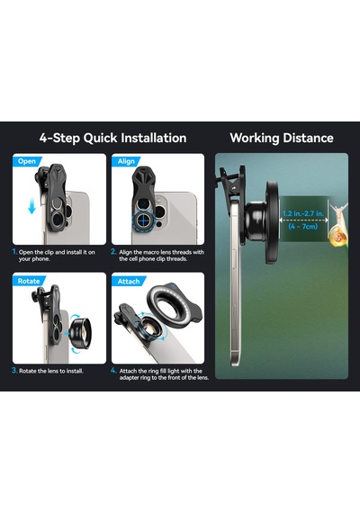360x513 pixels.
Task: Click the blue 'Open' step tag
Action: tap(27, 161)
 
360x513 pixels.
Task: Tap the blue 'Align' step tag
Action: tap(126, 161)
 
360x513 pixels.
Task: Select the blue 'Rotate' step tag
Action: tap(29, 281)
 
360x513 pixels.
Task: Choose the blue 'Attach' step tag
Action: tap(129, 281)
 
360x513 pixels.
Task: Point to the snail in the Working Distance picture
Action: tap(338, 227)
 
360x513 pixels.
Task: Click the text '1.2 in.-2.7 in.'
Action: tap(303, 213)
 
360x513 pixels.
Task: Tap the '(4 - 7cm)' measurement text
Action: tap(303, 226)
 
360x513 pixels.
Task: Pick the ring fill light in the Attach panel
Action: tap(175, 303)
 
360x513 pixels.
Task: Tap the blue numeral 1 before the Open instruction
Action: tap(14, 252)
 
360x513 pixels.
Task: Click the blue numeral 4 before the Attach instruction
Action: tap(113, 371)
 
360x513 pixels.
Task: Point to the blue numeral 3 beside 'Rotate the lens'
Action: tap(14, 371)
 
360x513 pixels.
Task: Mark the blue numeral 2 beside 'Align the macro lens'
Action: tap(113, 252)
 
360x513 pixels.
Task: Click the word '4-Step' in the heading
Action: tap(60, 138)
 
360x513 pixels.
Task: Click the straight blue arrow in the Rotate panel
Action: tap(67, 334)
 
